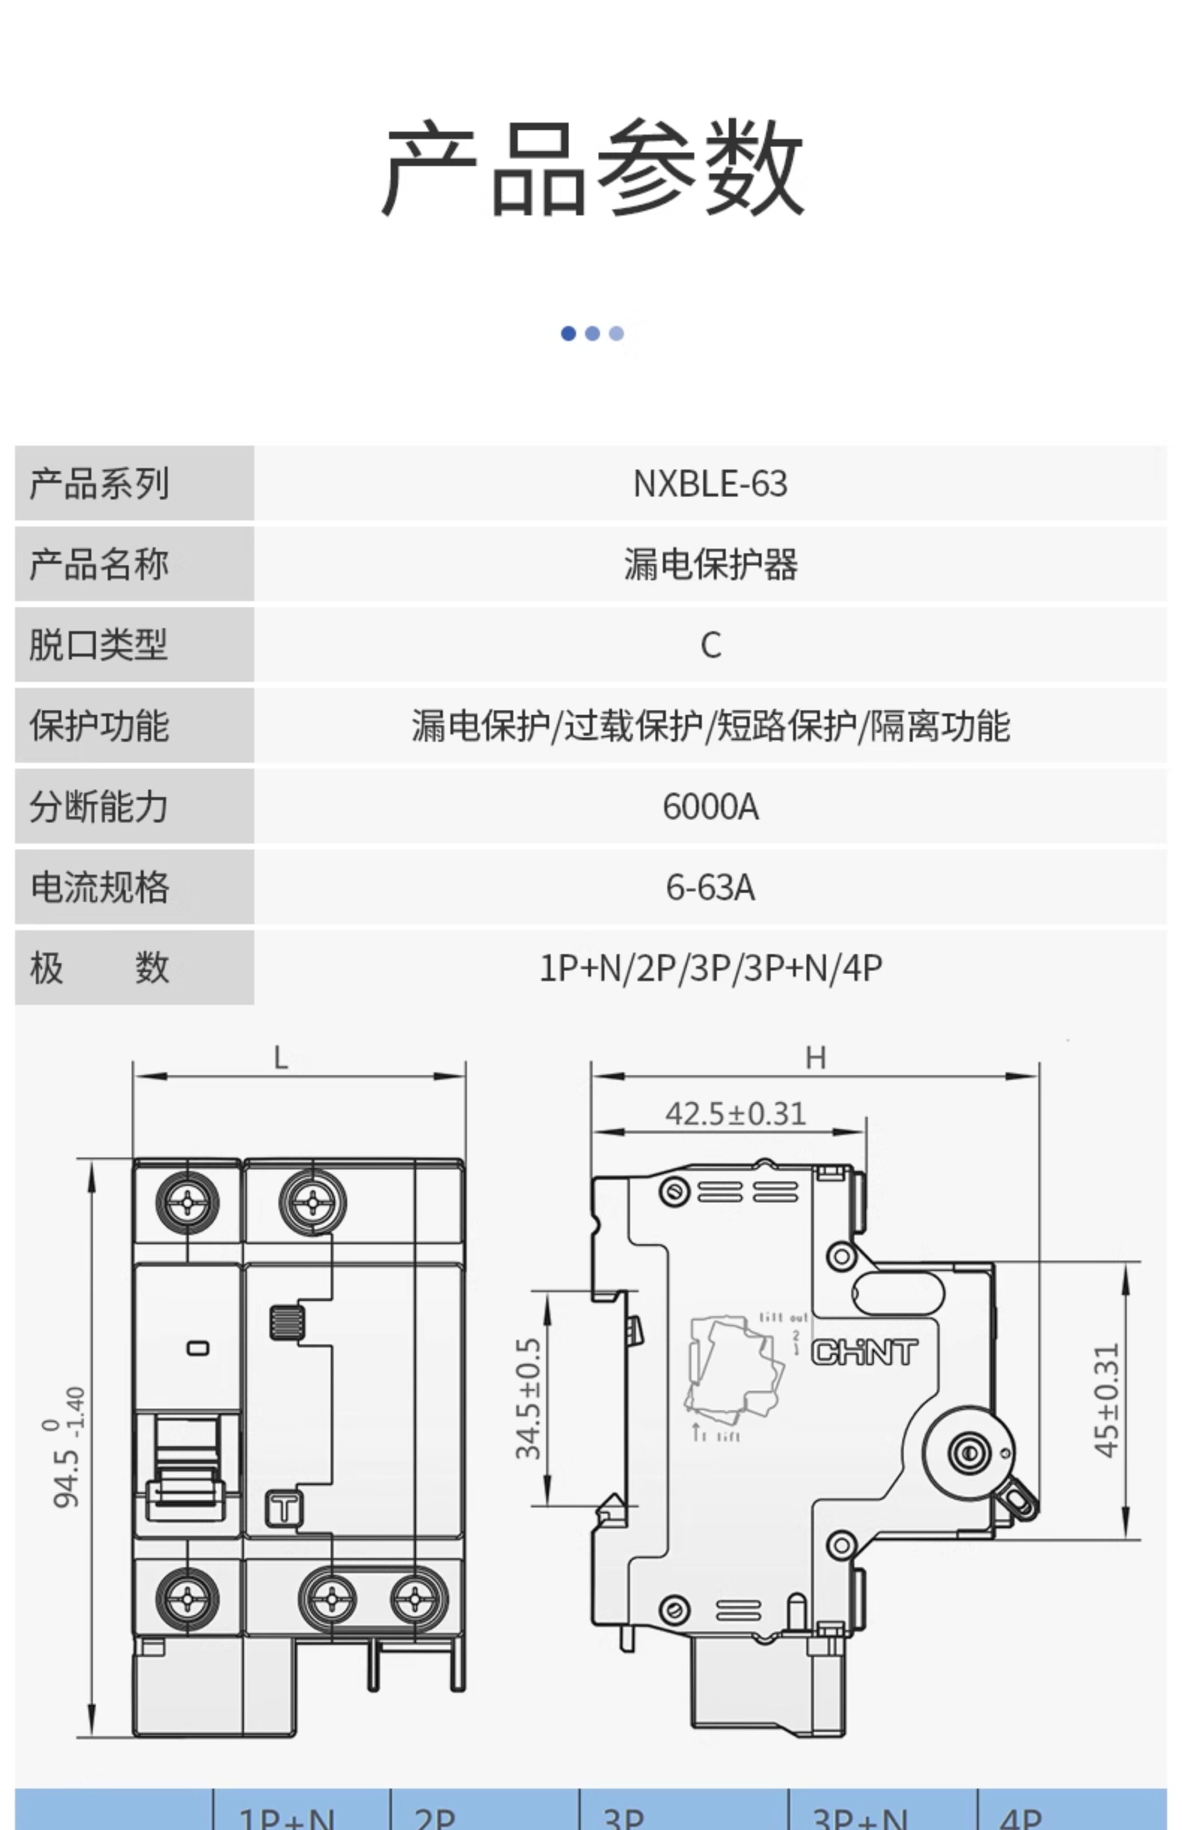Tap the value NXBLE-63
click(x=710, y=483)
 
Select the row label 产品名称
click(x=98, y=564)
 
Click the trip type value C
click(x=711, y=644)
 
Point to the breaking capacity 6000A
click(x=711, y=806)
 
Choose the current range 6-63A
click(x=711, y=887)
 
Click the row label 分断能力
click(x=98, y=806)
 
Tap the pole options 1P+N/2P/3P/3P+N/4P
click(x=711, y=967)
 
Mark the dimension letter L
click(x=281, y=1059)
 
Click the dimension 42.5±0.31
click(x=735, y=1113)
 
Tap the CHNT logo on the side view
click(x=864, y=1353)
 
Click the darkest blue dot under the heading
click(x=569, y=333)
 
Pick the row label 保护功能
click(x=98, y=725)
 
